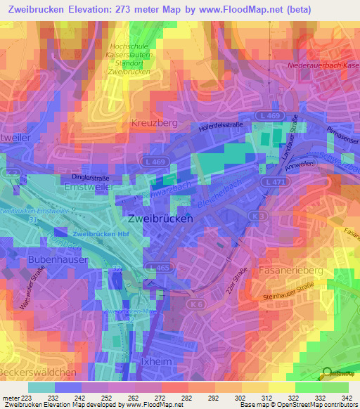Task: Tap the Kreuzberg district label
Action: [154, 123]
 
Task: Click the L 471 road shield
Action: [278, 182]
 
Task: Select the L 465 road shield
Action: [161, 268]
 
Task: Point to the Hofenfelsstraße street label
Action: [225, 127]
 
